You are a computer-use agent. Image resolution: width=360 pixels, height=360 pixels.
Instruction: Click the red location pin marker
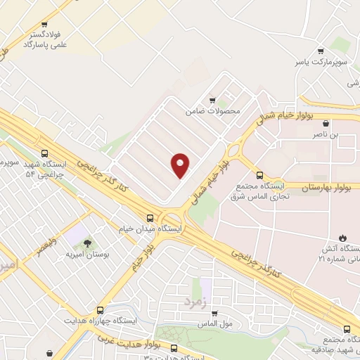[x=181, y=165]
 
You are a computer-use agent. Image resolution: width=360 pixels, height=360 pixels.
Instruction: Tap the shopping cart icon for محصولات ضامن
[x=213, y=101]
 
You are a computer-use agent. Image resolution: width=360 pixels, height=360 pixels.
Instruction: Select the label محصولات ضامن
[x=213, y=112]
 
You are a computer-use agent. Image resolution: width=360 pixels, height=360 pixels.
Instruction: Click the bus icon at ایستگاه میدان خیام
[x=149, y=218]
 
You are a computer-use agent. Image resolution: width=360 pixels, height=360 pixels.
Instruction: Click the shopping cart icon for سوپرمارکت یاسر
[x=321, y=51]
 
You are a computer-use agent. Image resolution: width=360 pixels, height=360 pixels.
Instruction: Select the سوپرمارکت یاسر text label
[x=321, y=62]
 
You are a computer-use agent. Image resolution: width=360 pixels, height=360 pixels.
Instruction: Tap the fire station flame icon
[x=343, y=238]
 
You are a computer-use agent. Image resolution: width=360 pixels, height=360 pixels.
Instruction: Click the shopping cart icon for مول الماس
[x=214, y=314]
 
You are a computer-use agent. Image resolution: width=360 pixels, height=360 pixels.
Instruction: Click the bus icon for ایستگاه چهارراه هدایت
[x=100, y=309]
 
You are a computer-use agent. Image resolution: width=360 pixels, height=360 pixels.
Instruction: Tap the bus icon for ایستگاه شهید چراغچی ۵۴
[x=46, y=153]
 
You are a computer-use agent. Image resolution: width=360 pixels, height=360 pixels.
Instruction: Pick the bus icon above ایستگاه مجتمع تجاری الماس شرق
[x=259, y=174]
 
